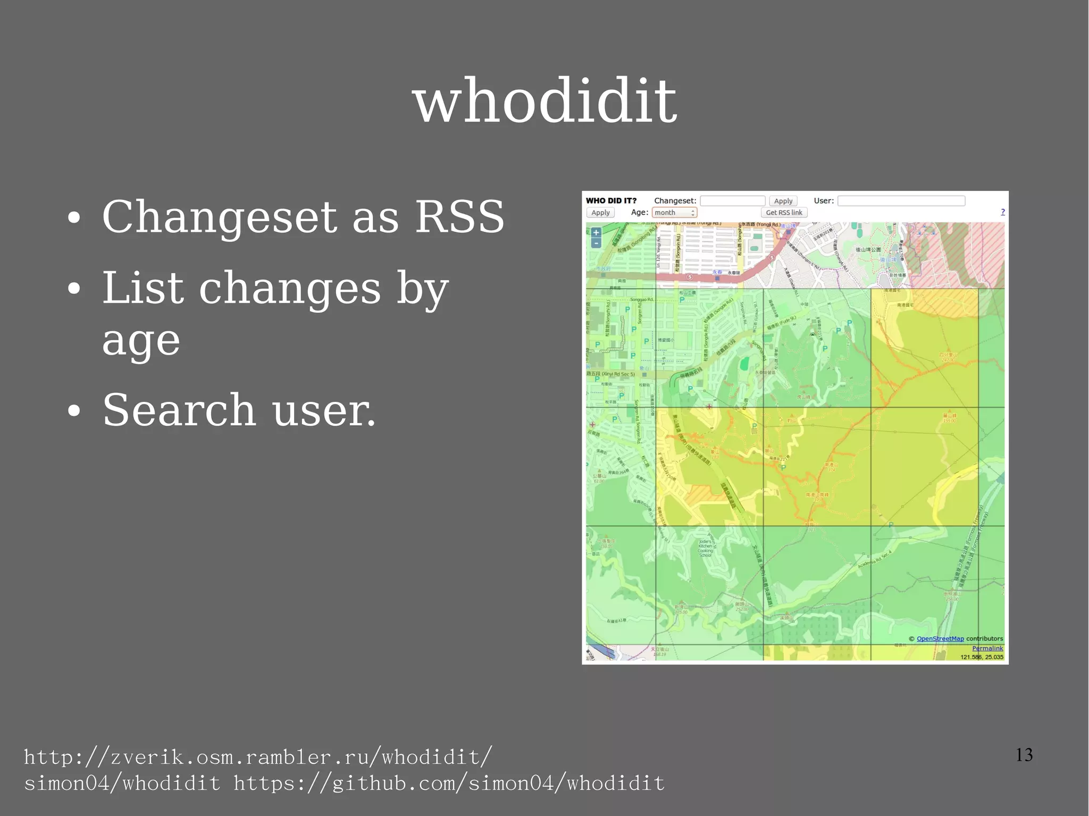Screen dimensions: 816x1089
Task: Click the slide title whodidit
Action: pos(544,101)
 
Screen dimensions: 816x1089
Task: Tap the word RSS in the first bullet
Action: pos(459,217)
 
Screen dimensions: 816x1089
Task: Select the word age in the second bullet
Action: pos(141,341)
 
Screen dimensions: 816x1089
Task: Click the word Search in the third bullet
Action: pos(179,410)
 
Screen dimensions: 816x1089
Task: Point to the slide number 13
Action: pos(1024,755)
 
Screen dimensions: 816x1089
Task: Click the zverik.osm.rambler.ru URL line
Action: pos(258,757)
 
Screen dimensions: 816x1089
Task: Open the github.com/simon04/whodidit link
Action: pos(449,784)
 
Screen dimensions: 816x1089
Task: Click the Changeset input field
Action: pos(732,201)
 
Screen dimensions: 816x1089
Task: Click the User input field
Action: pos(901,201)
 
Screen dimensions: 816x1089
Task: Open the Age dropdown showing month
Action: pos(674,213)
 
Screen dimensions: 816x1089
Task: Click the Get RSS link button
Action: pos(784,213)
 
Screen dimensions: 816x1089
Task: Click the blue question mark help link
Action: pos(1003,212)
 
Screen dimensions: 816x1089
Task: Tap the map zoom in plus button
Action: pos(596,233)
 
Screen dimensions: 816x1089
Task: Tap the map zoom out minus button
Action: pos(596,243)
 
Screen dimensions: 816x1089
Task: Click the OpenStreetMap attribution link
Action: pos(940,639)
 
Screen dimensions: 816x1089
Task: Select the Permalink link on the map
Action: pos(987,648)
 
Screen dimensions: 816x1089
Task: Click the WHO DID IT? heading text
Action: pos(611,201)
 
